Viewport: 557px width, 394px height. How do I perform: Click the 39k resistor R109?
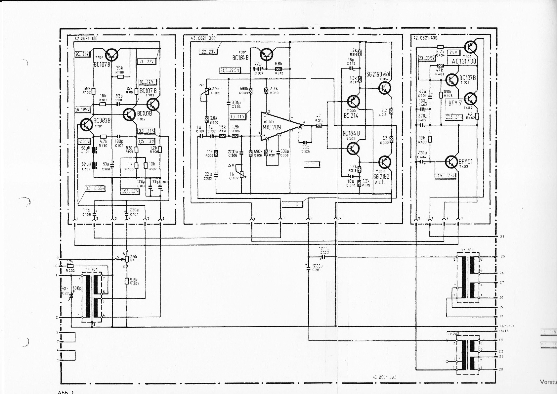click(x=120, y=77)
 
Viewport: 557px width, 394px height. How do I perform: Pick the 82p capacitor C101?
click(x=118, y=104)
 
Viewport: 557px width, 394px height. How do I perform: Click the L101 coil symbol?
click(x=94, y=151)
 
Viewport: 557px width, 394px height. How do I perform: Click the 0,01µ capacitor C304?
click(x=229, y=103)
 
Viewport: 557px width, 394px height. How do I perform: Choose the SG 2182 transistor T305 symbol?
click(x=384, y=162)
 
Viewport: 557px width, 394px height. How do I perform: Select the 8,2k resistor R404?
click(x=440, y=47)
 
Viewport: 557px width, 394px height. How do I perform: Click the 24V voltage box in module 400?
click(x=453, y=53)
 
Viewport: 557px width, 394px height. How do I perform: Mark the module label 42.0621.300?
click(x=203, y=38)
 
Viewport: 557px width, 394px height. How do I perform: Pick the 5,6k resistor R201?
click(x=127, y=281)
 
